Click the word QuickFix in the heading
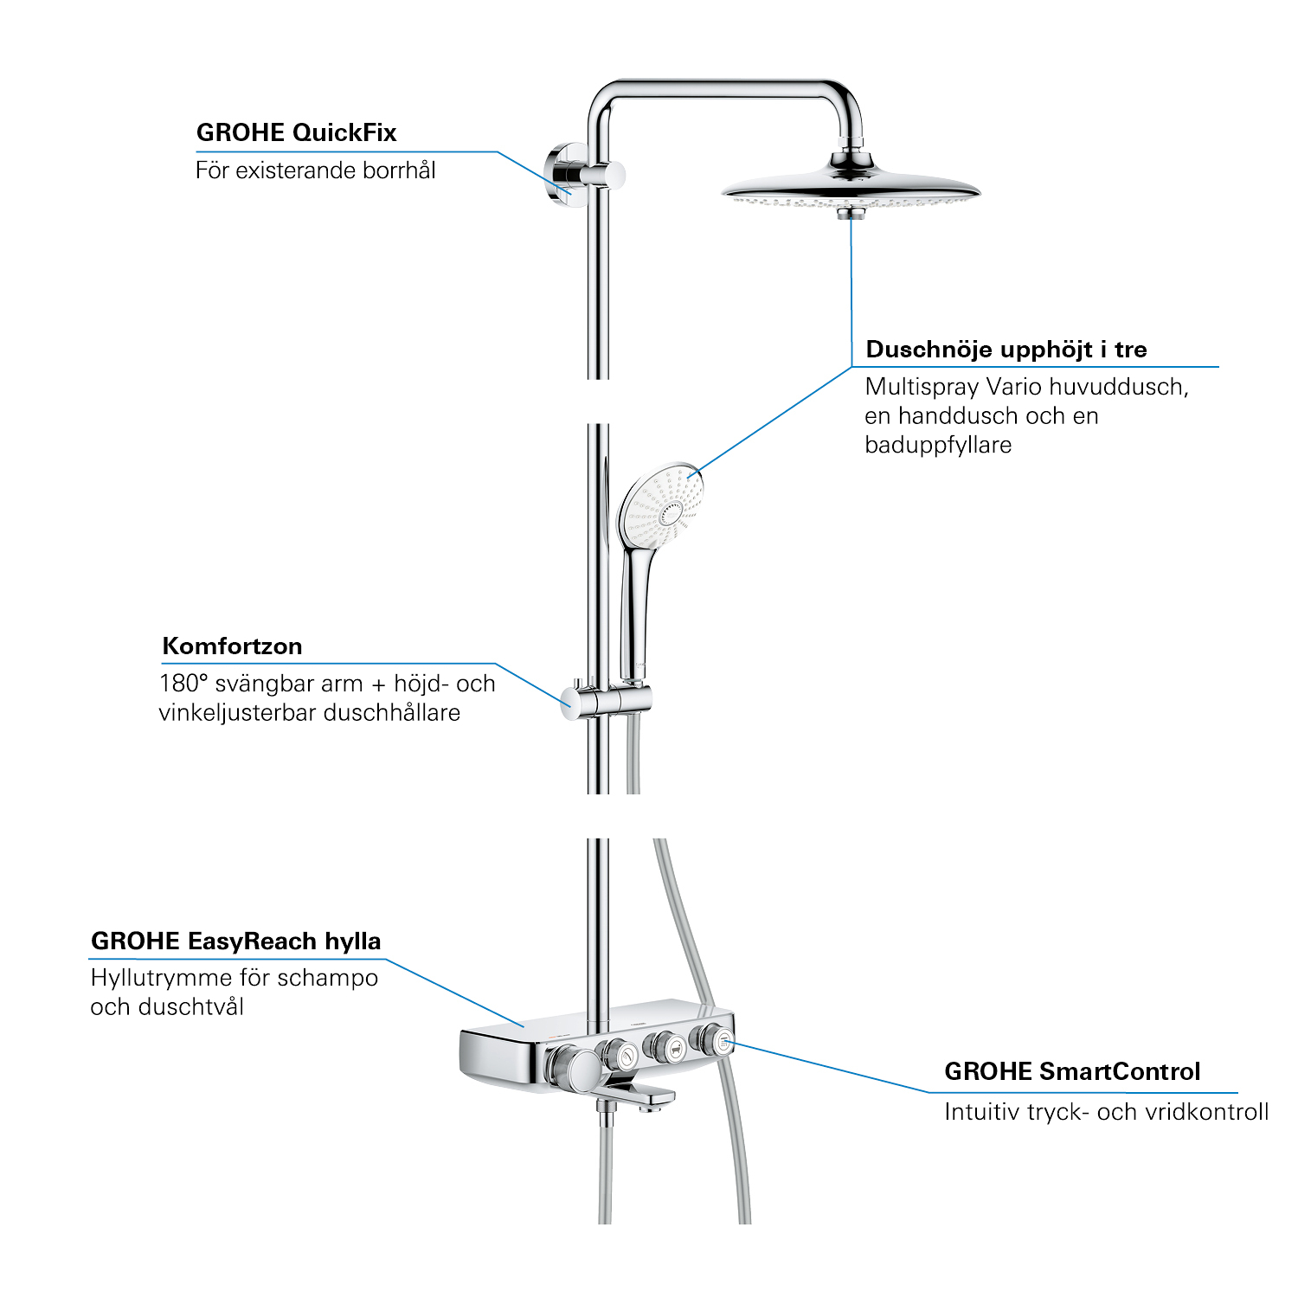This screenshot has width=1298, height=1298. click(344, 132)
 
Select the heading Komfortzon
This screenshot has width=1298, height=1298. click(232, 646)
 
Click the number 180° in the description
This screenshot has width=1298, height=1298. click(183, 683)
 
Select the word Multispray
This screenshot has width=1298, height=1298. click(922, 387)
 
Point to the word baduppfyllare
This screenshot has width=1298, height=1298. click(938, 445)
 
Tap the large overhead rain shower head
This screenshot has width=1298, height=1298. click(850, 186)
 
